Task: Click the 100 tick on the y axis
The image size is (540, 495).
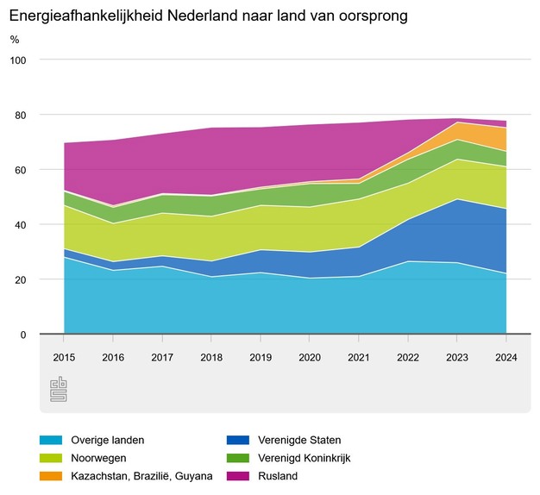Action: pyautogui.click(x=19, y=60)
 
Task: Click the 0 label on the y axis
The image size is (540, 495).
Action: pyautogui.click(x=23, y=335)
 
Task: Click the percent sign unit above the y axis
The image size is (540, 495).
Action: pyautogui.click(x=14, y=40)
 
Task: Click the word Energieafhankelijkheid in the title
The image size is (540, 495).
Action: pyautogui.click(x=80, y=16)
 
